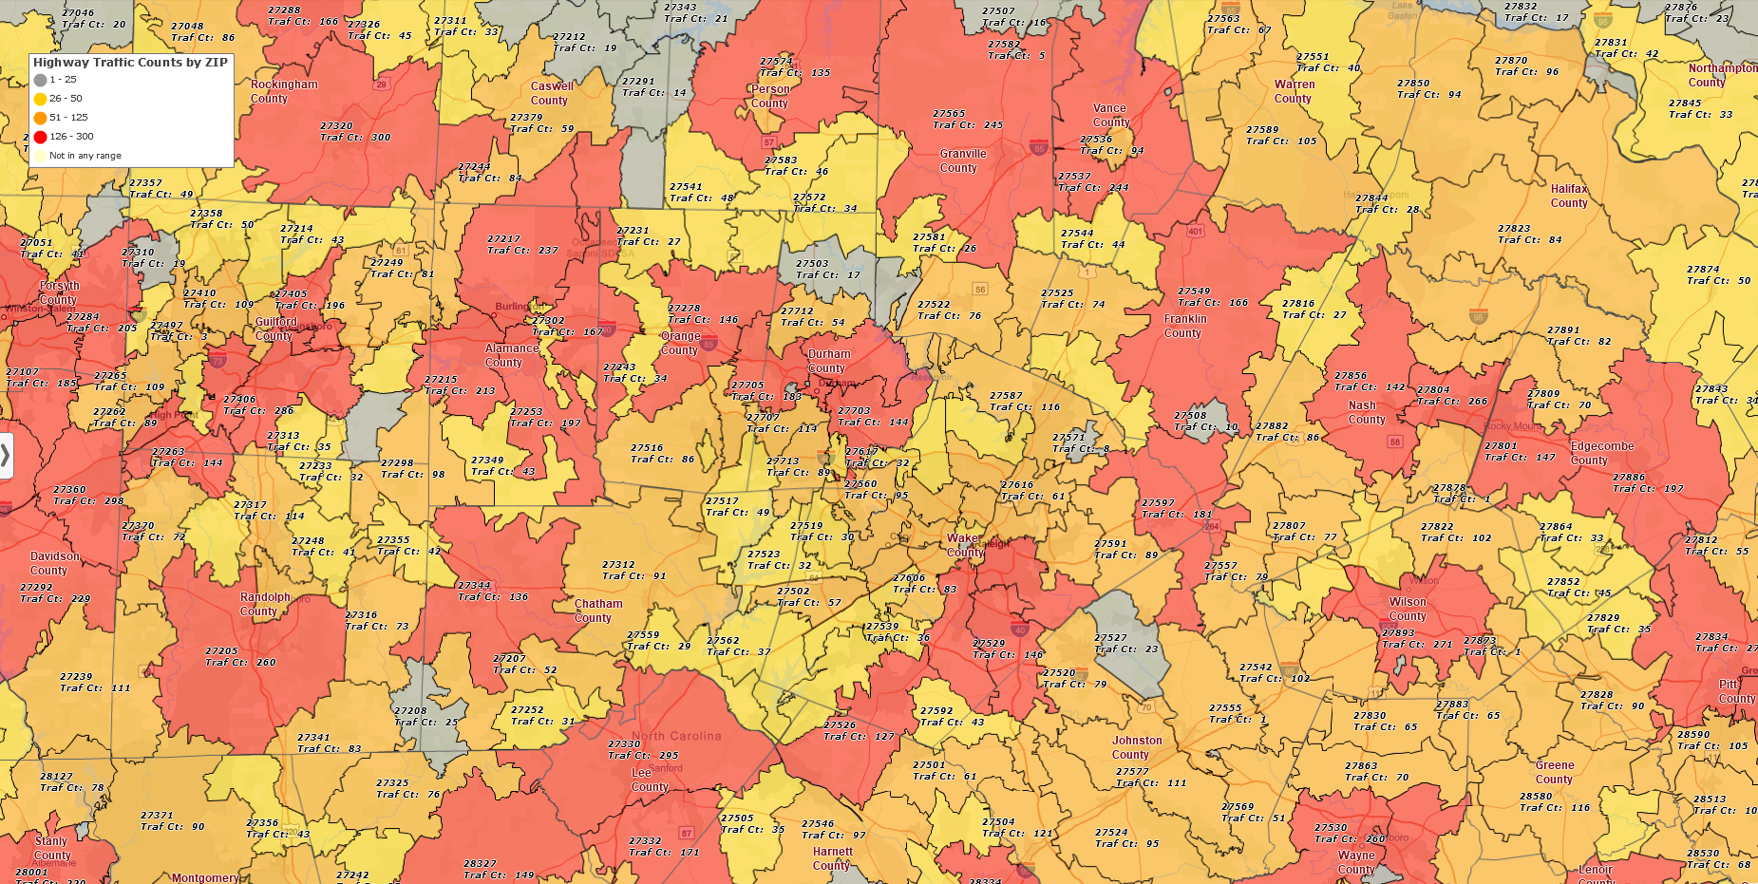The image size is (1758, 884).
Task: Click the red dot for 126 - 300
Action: [x=40, y=137]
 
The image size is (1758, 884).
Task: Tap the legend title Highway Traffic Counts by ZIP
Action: [x=130, y=62]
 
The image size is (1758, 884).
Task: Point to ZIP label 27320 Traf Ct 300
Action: [x=355, y=132]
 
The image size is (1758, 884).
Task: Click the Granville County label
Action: [x=962, y=160]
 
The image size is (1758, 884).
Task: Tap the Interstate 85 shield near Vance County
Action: [x=1039, y=147]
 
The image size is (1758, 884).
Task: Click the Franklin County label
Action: [x=1185, y=326]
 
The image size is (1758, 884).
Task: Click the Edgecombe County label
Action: [x=1602, y=453]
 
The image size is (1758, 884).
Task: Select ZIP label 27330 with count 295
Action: [x=643, y=750]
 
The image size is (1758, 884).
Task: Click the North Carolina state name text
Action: [x=676, y=736]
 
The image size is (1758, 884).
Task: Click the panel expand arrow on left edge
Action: [x=5, y=455]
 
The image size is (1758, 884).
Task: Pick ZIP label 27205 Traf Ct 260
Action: [x=240, y=657]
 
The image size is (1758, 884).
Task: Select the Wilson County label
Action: [x=1407, y=609]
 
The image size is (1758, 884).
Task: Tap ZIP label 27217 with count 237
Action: [x=522, y=244]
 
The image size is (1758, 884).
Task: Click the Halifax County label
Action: [x=1568, y=196]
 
